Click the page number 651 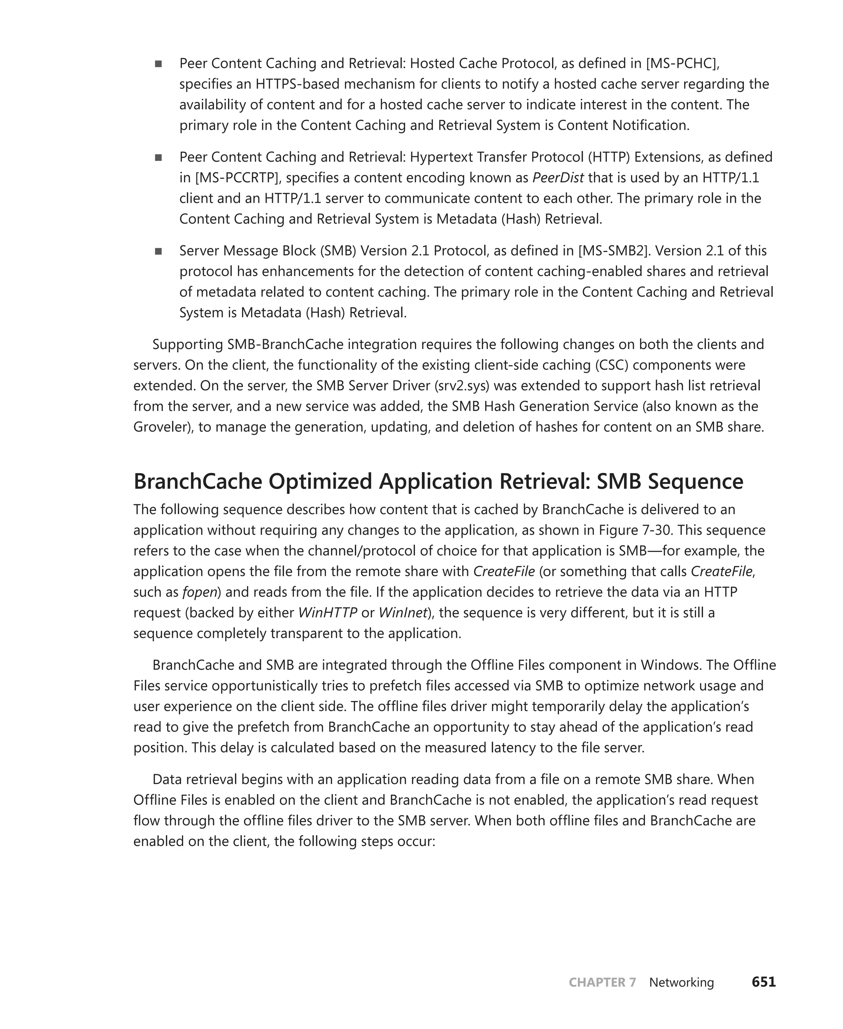pyautogui.click(x=764, y=982)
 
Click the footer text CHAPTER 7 pyautogui.click(x=602, y=982)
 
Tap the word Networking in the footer pyautogui.click(x=681, y=982)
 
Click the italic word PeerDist pyautogui.click(x=558, y=178)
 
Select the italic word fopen pyautogui.click(x=200, y=592)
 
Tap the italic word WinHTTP pyautogui.click(x=328, y=613)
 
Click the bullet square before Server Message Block pyautogui.click(x=158, y=251)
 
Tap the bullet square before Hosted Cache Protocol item pyautogui.click(x=158, y=64)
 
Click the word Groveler pyautogui.click(x=161, y=427)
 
